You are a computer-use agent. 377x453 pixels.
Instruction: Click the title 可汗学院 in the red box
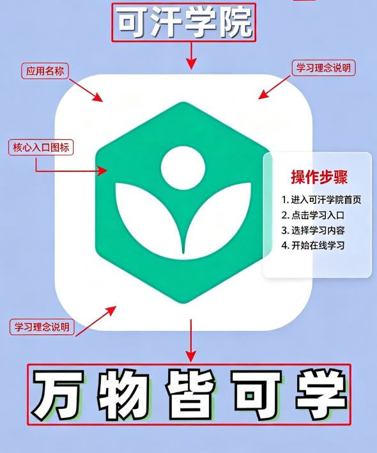(x=185, y=22)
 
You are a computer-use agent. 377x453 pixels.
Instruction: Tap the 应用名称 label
(x=45, y=71)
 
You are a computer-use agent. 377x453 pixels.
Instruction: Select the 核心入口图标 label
(x=41, y=148)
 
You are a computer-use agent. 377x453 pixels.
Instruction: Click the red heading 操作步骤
(x=319, y=177)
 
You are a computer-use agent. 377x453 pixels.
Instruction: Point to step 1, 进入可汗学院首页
(x=321, y=199)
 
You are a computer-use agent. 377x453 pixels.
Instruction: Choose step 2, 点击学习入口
(x=313, y=215)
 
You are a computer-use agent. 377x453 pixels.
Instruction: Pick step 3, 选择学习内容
(x=313, y=231)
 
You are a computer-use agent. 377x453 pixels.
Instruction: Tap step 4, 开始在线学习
(x=313, y=245)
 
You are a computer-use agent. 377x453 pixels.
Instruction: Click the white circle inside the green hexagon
(x=183, y=168)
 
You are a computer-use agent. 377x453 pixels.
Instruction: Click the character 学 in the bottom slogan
(x=321, y=395)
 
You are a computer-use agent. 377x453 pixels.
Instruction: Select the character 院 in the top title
(x=235, y=22)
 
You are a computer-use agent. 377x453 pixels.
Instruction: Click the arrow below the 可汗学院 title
(x=191, y=56)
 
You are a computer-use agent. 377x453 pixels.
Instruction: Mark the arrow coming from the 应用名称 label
(x=86, y=90)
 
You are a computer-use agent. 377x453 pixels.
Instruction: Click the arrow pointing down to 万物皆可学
(x=190, y=341)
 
